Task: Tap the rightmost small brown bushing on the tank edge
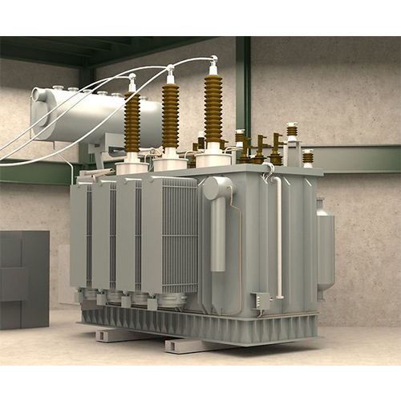click(x=308, y=157)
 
